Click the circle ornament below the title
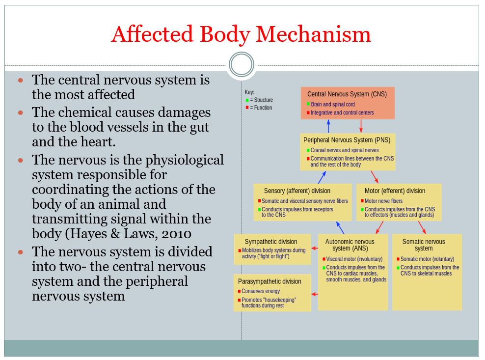(x=242, y=65)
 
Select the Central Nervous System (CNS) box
(x=347, y=103)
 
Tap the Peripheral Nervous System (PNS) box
(x=348, y=152)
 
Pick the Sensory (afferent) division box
(x=302, y=202)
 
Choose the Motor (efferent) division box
(x=398, y=202)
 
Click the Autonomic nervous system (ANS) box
(x=352, y=272)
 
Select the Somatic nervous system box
(x=427, y=272)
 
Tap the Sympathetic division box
(x=272, y=249)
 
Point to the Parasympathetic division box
(x=272, y=293)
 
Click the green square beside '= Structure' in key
(x=247, y=100)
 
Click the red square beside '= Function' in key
(x=247, y=108)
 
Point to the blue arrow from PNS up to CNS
(x=329, y=126)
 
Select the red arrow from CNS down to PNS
(x=361, y=126)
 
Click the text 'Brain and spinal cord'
(x=332, y=105)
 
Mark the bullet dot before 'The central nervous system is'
(x=21, y=80)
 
